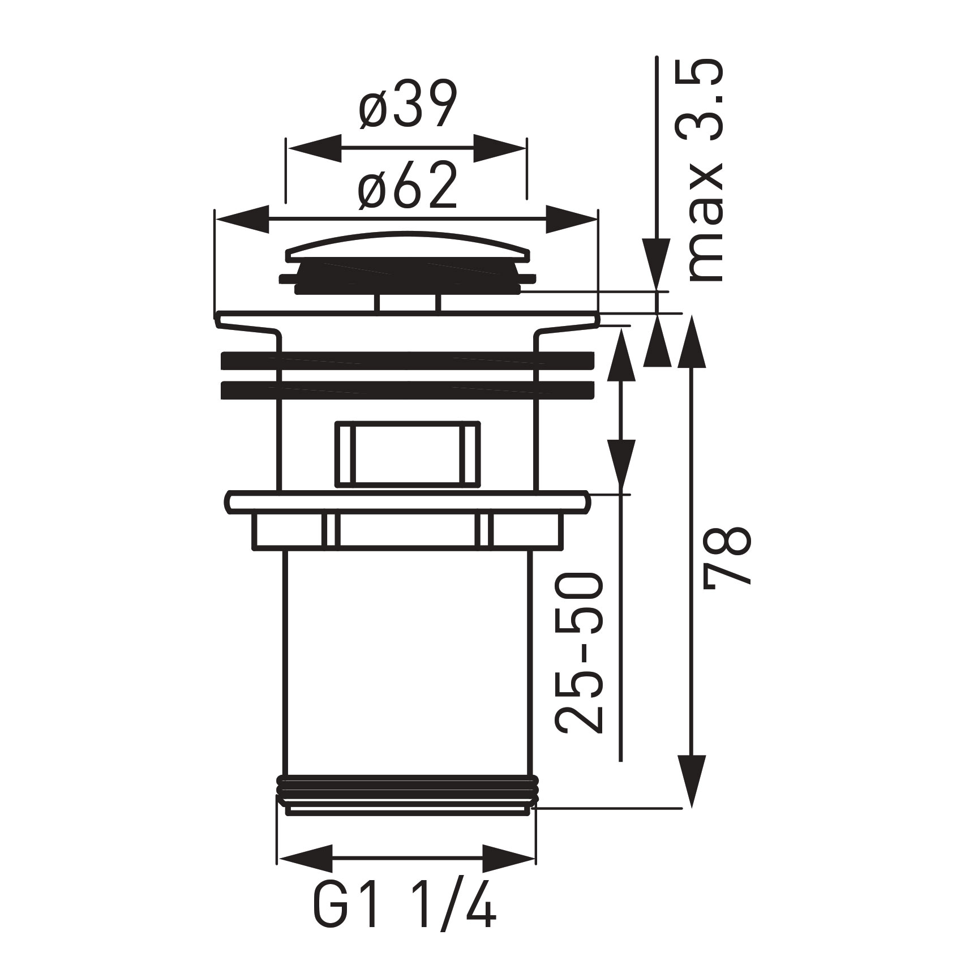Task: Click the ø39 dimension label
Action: point(407,106)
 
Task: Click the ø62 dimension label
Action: point(407,185)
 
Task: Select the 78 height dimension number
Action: point(730,557)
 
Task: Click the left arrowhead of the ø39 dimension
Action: point(315,148)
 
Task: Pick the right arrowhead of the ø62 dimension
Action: point(571,219)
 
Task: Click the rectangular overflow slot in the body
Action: point(408,453)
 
